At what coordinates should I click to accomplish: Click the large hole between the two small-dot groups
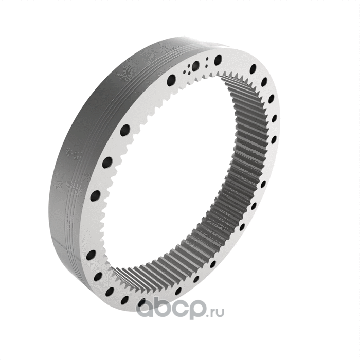(x=195, y=66)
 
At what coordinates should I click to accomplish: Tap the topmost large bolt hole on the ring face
(x=218, y=60)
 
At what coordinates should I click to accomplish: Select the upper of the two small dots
(x=207, y=59)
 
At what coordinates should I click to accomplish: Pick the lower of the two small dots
(x=206, y=66)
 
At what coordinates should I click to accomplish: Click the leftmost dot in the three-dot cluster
(x=184, y=73)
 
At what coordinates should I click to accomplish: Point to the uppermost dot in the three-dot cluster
(x=189, y=66)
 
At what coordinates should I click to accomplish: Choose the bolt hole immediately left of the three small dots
(x=171, y=80)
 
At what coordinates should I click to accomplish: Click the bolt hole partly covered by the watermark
(x=142, y=303)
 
